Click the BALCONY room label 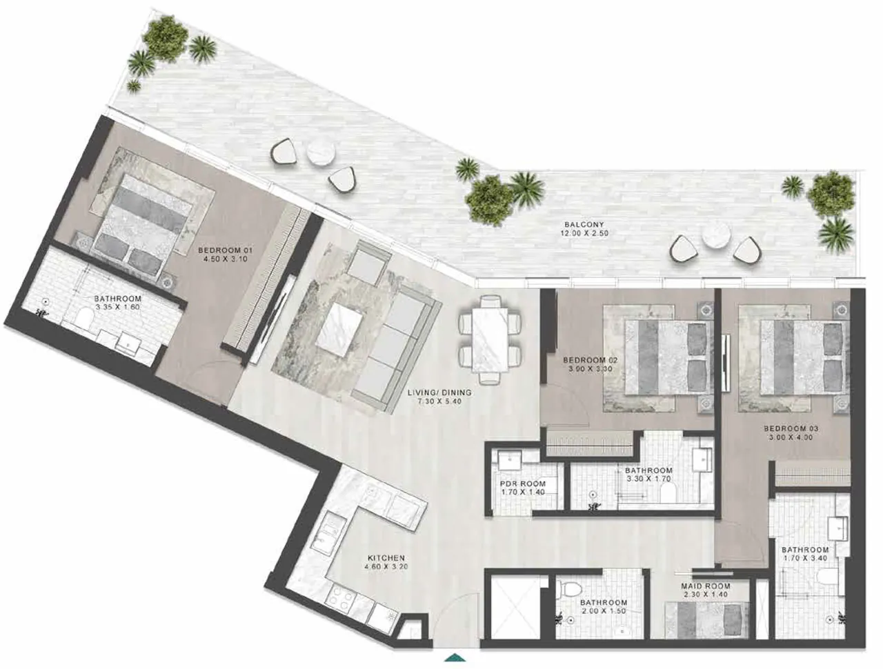[x=584, y=225]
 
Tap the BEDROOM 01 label [x=225, y=251]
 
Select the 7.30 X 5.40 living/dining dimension [x=439, y=401]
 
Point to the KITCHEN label [x=386, y=559]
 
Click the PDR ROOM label [x=523, y=484]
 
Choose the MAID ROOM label [x=706, y=586]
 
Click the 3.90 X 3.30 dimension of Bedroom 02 [x=590, y=368]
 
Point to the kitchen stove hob [x=339, y=599]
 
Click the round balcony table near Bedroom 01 [x=321, y=153]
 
